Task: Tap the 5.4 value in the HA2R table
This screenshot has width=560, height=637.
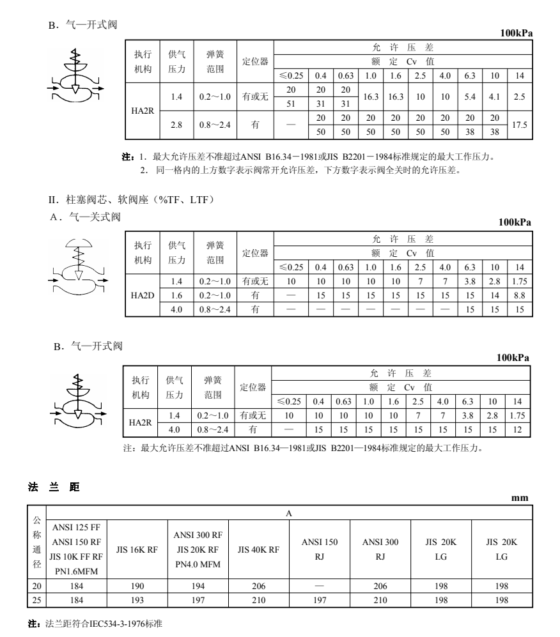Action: click(470, 98)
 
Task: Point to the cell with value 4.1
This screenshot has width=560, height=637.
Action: click(495, 98)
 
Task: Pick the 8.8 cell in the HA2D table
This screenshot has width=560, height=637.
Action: click(519, 295)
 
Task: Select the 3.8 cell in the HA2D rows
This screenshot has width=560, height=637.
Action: click(470, 281)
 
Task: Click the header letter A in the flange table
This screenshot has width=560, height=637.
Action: click(289, 513)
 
